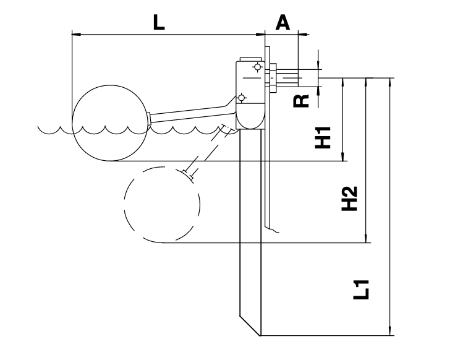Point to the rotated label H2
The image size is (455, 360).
[350, 198]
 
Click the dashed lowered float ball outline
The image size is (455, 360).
[162, 204]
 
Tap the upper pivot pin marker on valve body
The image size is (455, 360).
[257, 67]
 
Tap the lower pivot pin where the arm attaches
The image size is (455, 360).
[241, 98]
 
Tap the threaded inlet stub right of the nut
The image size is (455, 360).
[287, 79]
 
